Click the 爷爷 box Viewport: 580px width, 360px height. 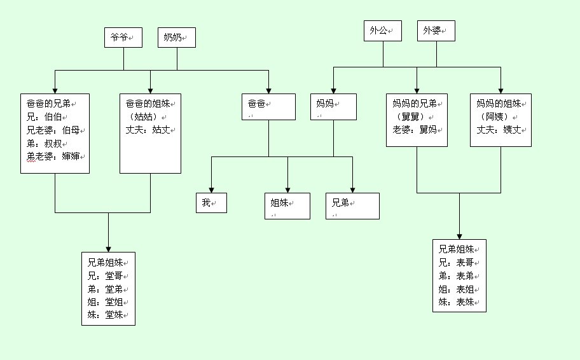(123, 38)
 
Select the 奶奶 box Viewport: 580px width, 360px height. (176, 38)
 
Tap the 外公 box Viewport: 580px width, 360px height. (383, 31)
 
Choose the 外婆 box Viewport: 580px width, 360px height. (436, 31)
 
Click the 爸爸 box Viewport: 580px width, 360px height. (268, 106)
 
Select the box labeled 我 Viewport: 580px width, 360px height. (211, 202)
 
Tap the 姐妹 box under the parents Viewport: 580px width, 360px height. (287, 205)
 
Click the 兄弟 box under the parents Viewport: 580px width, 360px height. (352, 205)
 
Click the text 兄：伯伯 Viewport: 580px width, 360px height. (47, 116)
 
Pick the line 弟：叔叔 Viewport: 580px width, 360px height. (47, 143)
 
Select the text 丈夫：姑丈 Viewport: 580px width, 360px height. (149, 130)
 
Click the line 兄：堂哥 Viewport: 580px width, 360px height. (106, 275)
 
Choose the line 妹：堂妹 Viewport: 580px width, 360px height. (106, 315)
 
